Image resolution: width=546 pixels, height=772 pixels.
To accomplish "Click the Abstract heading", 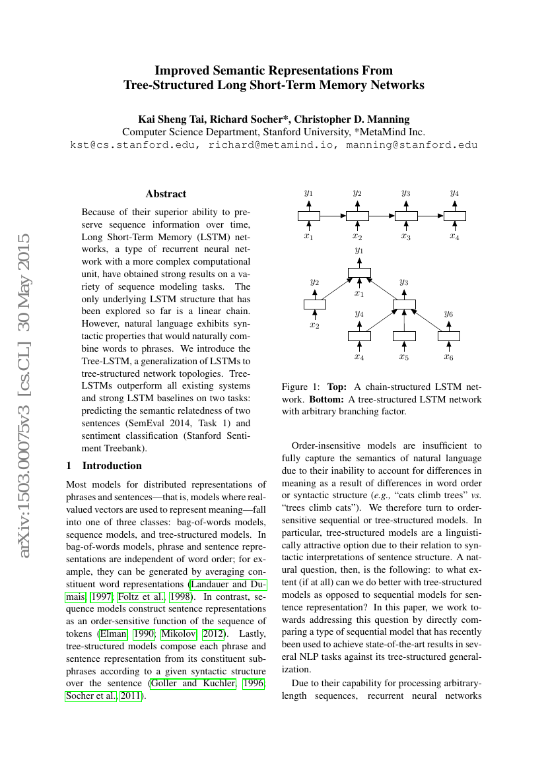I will click(x=166, y=194).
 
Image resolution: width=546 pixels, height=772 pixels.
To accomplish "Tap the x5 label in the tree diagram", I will click(x=403, y=357).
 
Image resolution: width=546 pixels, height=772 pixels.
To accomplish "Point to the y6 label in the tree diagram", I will click(x=448, y=314).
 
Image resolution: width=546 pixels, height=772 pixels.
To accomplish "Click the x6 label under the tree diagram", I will click(x=448, y=357).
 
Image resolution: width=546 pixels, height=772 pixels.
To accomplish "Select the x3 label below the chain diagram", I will click(x=406, y=236).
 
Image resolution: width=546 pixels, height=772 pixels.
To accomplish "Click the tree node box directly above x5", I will click(x=404, y=336).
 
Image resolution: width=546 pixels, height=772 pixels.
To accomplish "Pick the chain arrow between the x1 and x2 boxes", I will click(x=333, y=216).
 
